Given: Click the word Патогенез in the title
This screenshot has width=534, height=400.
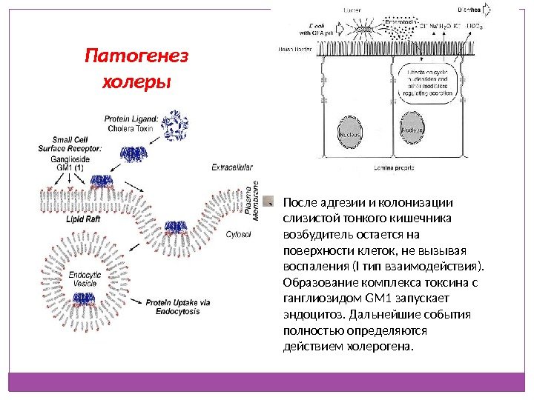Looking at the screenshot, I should (x=137, y=56).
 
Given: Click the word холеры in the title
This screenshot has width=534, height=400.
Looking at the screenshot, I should (x=136, y=79).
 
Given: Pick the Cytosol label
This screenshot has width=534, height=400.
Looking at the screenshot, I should (x=238, y=234).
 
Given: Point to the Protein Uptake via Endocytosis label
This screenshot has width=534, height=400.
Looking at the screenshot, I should (x=178, y=306).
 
